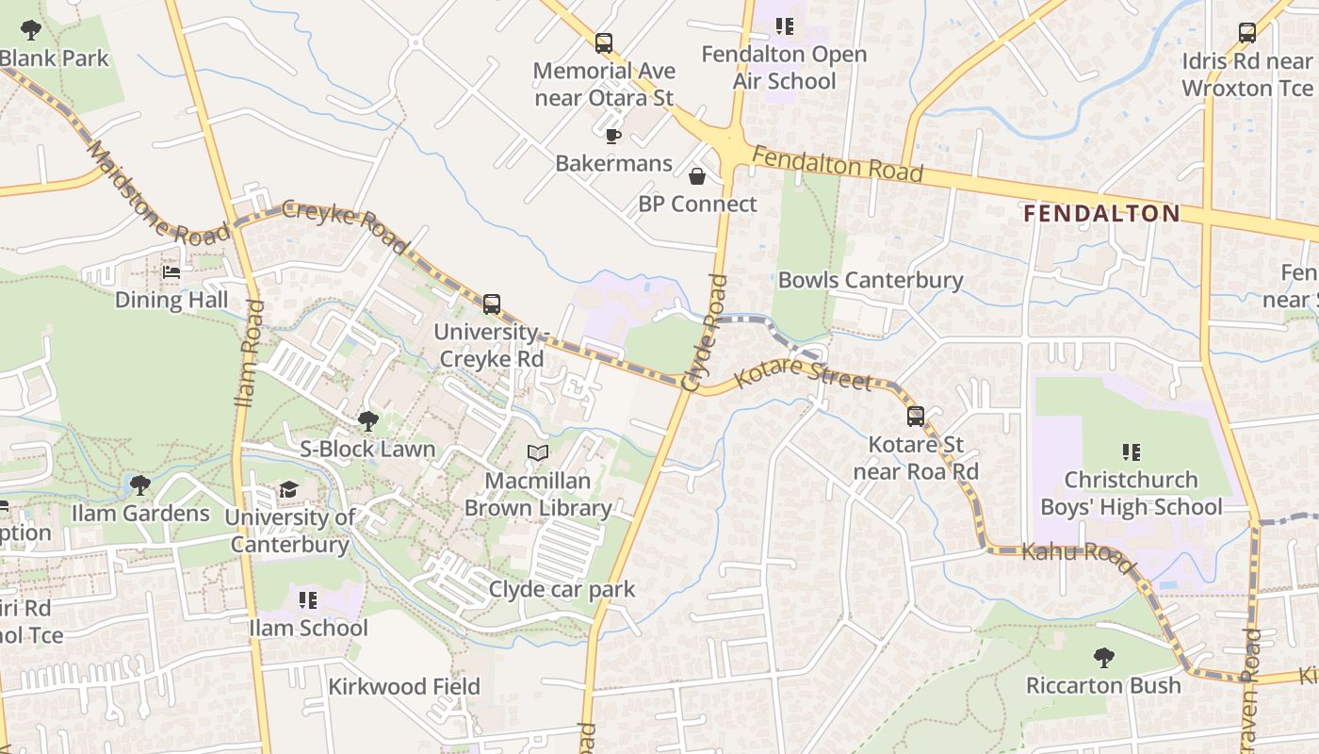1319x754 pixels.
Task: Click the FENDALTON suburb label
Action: (1101, 214)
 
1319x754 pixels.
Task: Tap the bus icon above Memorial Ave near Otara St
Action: (604, 42)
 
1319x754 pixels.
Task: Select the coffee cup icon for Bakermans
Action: (613, 136)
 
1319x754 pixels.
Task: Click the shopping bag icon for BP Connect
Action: (697, 176)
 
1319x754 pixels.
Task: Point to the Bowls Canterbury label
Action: (870, 280)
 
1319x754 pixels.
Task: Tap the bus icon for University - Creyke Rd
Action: (492, 303)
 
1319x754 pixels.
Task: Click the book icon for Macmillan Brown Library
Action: (538, 453)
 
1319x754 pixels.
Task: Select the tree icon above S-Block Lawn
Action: (368, 420)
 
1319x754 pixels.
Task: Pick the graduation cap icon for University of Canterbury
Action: (288, 489)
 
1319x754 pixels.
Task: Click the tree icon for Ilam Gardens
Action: (140, 485)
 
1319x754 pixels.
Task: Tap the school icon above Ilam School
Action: (308, 599)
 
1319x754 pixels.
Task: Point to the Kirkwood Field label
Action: (403, 687)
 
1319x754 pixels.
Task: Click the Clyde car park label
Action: (562, 590)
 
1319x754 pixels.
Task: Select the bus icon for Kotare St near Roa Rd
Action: (915, 416)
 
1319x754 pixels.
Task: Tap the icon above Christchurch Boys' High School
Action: (1131, 452)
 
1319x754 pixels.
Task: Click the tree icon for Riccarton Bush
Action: (1103, 657)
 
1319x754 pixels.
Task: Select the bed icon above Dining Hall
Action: (171, 272)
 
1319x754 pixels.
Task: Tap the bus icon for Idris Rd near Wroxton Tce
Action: (1247, 33)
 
